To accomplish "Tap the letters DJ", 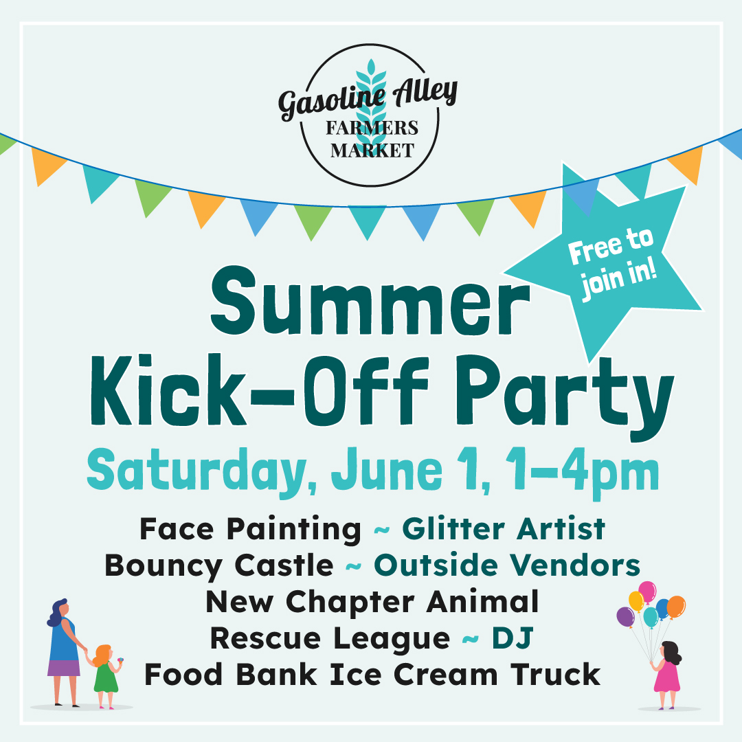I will click(512, 638).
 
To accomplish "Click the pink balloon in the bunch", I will click(647, 591).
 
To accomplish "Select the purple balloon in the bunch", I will click(625, 616).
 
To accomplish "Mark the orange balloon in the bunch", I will click(676, 606).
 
